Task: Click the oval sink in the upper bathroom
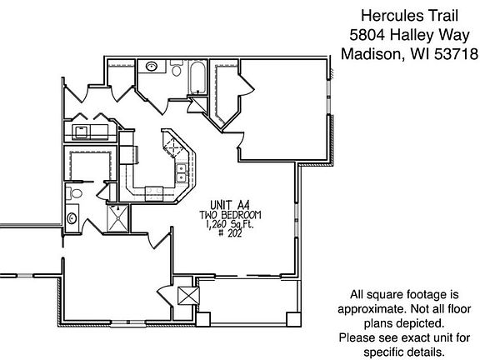152,66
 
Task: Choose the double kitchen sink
180,173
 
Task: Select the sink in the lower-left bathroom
72,218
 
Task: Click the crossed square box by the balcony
187,297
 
